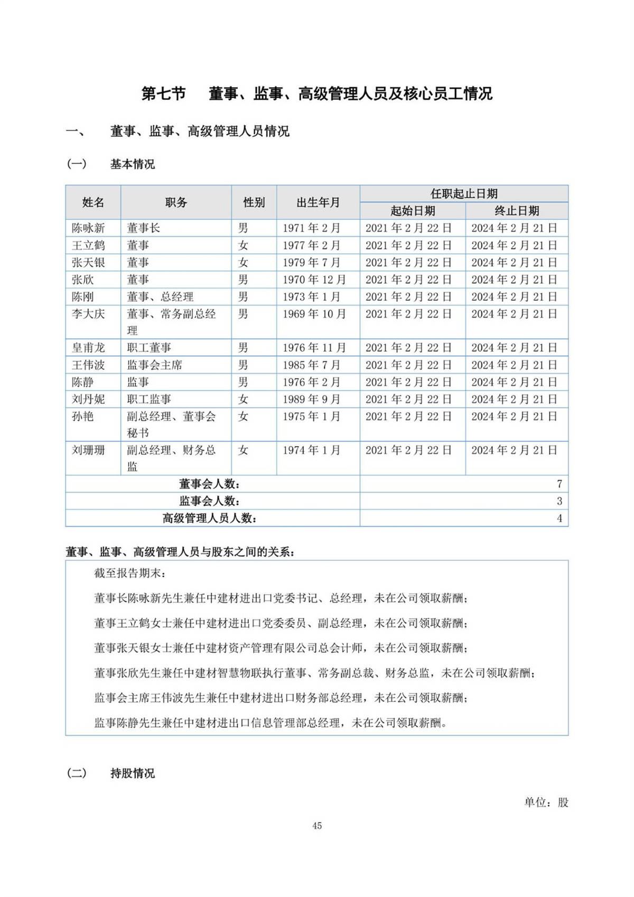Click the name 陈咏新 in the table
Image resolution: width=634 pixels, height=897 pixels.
(x=88, y=228)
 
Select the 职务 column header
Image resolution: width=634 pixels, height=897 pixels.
(x=176, y=202)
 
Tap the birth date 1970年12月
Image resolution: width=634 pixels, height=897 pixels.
(x=314, y=280)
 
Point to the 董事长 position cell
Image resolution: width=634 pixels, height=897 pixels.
(x=143, y=228)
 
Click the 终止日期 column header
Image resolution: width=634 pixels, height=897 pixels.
(x=516, y=211)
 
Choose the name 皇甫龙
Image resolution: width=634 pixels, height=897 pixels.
(x=88, y=348)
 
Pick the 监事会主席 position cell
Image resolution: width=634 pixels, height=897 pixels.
(x=154, y=365)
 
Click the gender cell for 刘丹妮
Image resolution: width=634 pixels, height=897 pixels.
(x=243, y=399)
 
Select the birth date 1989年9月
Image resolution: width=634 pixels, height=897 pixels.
(x=311, y=399)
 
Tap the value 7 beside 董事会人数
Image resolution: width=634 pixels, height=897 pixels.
(x=559, y=484)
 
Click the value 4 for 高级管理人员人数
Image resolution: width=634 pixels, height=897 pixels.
(x=559, y=518)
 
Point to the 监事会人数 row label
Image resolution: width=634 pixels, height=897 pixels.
(x=209, y=501)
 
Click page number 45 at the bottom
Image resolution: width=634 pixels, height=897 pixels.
(x=317, y=826)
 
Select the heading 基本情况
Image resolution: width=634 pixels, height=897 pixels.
(x=132, y=164)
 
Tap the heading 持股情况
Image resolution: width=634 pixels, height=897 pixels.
(x=132, y=773)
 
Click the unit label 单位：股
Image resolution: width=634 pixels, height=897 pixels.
(x=546, y=802)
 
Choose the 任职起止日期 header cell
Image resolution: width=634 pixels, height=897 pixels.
(x=464, y=193)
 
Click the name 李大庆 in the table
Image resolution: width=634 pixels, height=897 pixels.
(x=88, y=314)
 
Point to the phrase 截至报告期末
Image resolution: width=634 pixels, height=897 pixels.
(x=130, y=574)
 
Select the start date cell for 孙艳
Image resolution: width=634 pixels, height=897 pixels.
(x=408, y=417)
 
